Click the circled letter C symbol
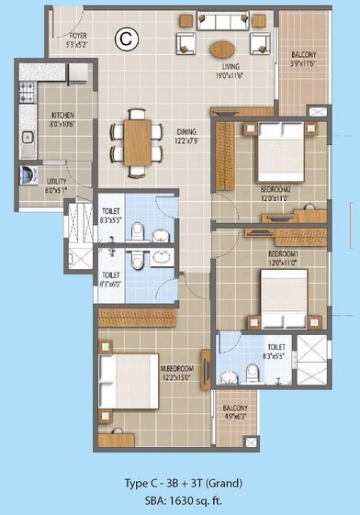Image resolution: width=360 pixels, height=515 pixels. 123,38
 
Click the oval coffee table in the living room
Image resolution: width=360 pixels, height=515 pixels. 223,49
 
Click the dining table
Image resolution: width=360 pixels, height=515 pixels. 136,142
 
